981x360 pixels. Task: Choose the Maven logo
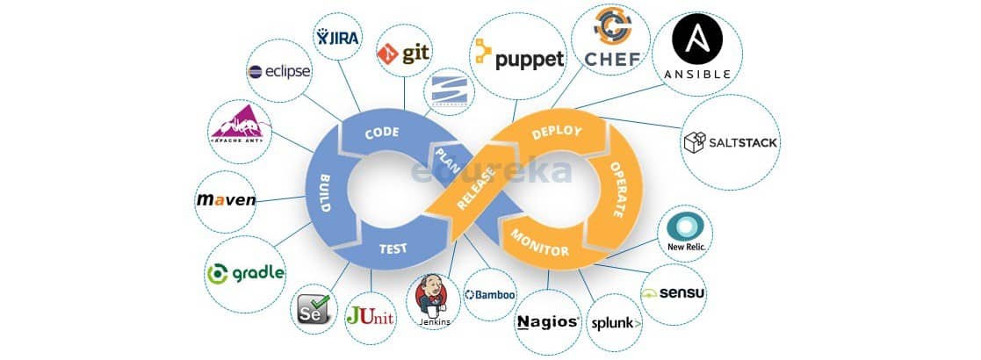click(x=226, y=199)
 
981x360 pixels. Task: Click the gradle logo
click(x=246, y=273)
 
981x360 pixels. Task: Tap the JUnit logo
click(x=369, y=314)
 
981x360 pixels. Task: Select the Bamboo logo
click(x=490, y=295)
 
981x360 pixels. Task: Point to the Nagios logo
click(x=547, y=320)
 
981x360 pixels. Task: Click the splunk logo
click(x=614, y=322)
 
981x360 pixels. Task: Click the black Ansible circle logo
click(x=697, y=42)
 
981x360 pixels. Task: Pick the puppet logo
click(x=518, y=58)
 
